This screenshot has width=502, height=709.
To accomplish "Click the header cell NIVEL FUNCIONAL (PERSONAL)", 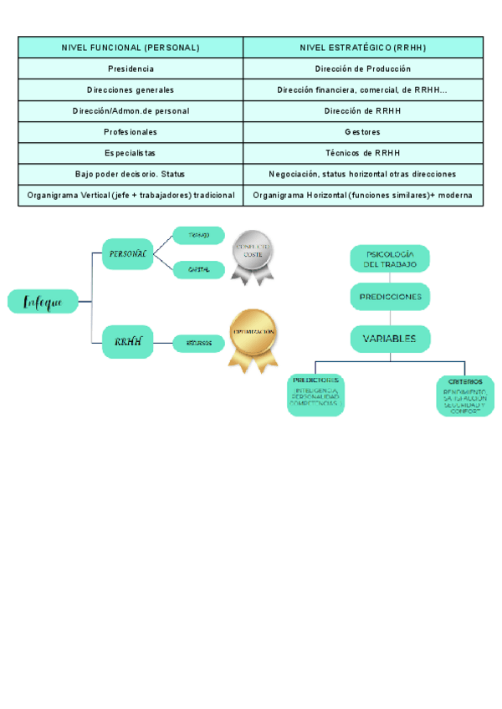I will pyautogui.click(x=131, y=48).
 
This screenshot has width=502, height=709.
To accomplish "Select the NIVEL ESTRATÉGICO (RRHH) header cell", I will pyautogui.click(x=363, y=48).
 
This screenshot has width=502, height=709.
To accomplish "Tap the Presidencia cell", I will pyautogui.click(x=131, y=69).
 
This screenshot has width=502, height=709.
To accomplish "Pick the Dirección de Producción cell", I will pyautogui.click(x=363, y=69).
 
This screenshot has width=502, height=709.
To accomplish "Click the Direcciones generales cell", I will pyautogui.click(x=131, y=89).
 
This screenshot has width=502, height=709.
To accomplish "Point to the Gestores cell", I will pyautogui.click(x=363, y=132).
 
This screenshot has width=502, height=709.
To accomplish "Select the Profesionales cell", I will pyautogui.click(x=131, y=132).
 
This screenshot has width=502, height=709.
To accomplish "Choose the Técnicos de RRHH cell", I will pyautogui.click(x=363, y=153).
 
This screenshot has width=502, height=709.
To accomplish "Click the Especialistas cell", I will pyautogui.click(x=131, y=153).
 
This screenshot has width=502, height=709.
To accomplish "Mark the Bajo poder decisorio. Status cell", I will pyautogui.click(x=131, y=174).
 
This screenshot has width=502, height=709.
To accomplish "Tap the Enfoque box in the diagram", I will pyautogui.click(x=43, y=302).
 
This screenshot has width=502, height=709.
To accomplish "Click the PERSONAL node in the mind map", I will pyautogui.click(x=128, y=252).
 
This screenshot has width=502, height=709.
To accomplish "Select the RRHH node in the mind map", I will pyautogui.click(x=128, y=341).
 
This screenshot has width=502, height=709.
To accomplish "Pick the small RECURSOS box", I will pyautogui.click(x=199, y=342).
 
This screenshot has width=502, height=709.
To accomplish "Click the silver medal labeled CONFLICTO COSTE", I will pyautogui.click(x=253, y=254).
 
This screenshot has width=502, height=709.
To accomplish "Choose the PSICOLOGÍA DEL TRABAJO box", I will pyautogui.click(x=389, y=258).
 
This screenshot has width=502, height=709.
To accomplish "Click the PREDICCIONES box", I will pyautogui.click(x=390, y=297).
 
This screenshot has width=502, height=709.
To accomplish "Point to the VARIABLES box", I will pyautogui.click(x=390, y=339).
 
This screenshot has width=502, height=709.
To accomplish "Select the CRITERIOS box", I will pyautogui.click(x=465, y=395).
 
